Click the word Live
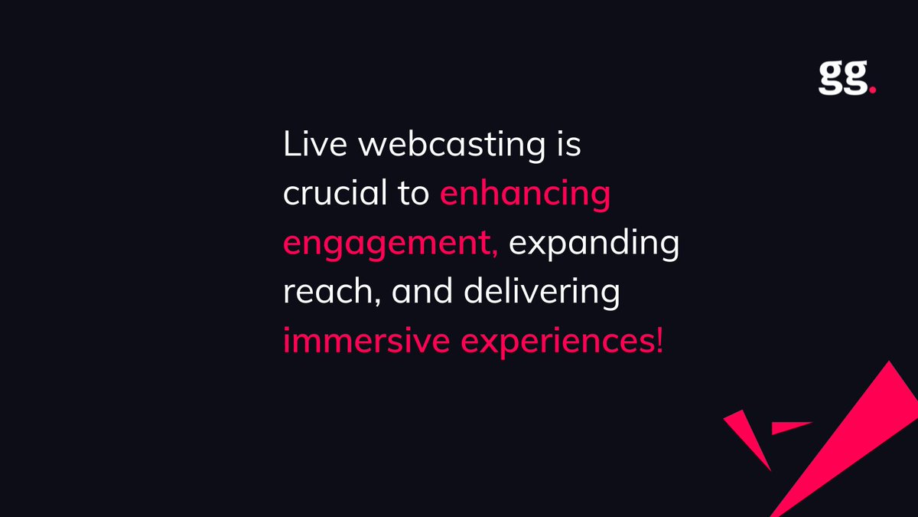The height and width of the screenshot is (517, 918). pos(306,145)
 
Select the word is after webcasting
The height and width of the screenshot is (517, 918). pos(568,145)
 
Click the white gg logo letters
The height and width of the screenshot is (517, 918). pos(842,79)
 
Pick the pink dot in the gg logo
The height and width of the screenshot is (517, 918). pos(872,89)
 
